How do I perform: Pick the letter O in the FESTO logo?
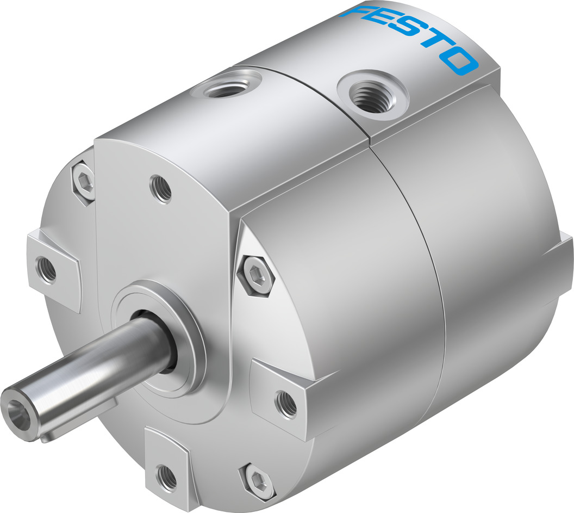(x=461, y=60)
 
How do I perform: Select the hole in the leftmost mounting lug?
(x=46, y=268)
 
